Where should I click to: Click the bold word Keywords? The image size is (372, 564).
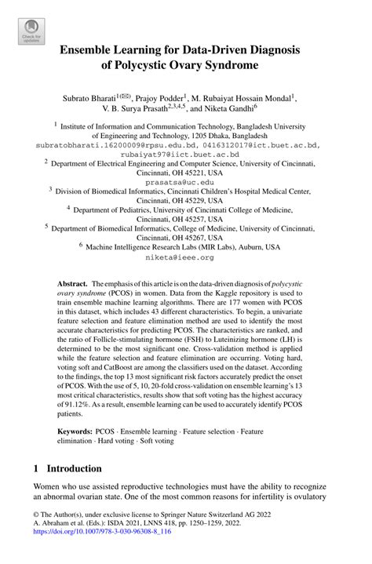[75, 432]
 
